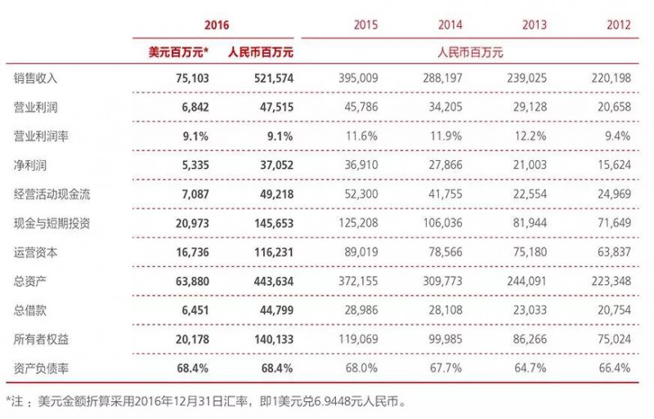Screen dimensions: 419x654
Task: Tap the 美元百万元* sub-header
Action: click(178, 51)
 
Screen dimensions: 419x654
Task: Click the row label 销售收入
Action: click(36, 78)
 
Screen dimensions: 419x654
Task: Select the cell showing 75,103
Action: click(189, 78)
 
